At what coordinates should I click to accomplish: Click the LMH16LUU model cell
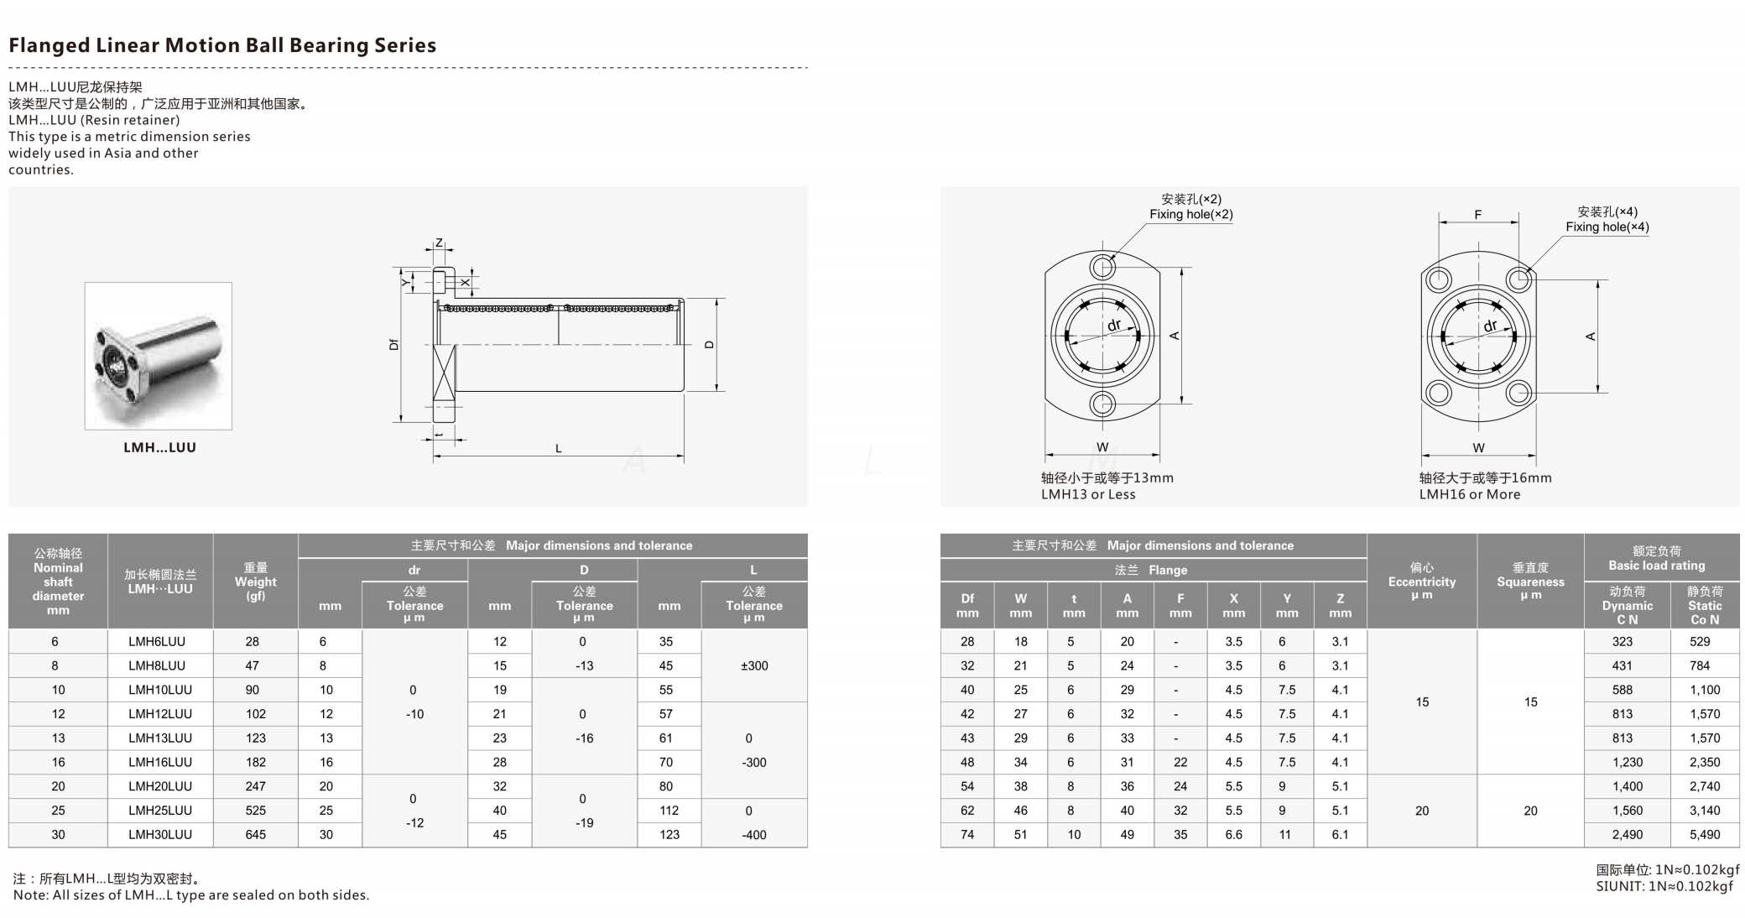coord(159,762)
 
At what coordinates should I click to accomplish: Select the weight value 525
coord(255,811)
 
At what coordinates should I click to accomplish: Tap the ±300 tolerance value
coord(753,665)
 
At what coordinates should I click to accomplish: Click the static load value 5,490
coord(1704,835)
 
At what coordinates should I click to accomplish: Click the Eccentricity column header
coord(1421,581)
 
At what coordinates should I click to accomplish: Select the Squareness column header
coord(1530,581)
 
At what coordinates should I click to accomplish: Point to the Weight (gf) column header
coord(255,582)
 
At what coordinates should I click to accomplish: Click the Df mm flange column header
coord(966,605)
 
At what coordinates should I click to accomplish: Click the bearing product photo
coord(158,356)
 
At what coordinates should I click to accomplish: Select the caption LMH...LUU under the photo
coord(159,447)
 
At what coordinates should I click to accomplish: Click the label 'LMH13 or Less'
coord(1088,494)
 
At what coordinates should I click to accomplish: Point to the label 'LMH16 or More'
coord(1469,494)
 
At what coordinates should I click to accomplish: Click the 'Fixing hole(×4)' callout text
coord(1607,227)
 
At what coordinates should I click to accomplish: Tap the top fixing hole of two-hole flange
coord(1102,268)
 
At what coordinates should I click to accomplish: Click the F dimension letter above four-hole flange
coord(1477,215)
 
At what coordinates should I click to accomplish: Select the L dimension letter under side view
coord(558,449)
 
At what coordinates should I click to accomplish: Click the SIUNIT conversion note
coord(1664,886)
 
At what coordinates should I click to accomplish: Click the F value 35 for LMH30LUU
coord(1180,835)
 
